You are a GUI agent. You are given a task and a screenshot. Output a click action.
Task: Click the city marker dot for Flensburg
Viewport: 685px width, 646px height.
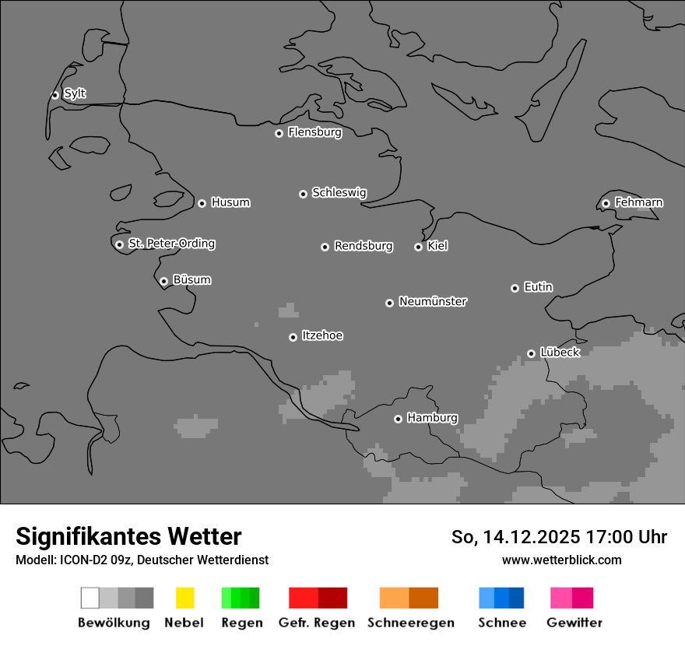tap(279, 133)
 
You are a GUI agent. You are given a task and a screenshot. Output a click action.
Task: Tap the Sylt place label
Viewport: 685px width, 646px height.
tap(75, 93)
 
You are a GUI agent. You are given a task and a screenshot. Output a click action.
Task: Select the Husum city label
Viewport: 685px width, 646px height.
tap(230, 202)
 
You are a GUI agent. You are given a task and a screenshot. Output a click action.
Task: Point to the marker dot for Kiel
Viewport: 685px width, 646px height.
tap(418, 247)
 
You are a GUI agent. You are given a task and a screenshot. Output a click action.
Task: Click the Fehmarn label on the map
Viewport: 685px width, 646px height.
tap(638, 202)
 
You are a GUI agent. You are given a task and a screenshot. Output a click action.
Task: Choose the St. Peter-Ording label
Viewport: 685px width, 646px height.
tap(171, 244)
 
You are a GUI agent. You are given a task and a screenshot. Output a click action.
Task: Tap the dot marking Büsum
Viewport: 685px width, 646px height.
tap(163, 281)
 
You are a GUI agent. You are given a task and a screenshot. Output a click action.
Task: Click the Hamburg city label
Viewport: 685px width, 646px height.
tap(432, 418)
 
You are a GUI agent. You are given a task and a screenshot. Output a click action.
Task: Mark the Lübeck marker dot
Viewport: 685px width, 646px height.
tap(531, 353)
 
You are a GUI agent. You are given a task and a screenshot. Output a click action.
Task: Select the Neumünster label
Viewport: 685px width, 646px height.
tap(433, 301)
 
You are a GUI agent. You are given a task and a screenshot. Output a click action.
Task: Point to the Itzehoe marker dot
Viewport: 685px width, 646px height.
tap(293, 337)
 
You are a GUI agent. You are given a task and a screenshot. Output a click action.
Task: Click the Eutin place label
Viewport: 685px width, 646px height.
tap(538, 287)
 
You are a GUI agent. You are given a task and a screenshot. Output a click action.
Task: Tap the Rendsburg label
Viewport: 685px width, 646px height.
tap(364, 246)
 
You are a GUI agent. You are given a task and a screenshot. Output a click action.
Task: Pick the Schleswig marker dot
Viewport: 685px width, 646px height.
tap(303, 194)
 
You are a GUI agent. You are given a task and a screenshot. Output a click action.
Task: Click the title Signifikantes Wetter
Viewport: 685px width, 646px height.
tap(128, 536)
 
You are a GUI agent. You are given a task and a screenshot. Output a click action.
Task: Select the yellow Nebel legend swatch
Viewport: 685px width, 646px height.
tap(184, 598)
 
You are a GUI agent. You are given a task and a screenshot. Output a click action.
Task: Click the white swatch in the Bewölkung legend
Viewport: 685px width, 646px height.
tap(90, 598)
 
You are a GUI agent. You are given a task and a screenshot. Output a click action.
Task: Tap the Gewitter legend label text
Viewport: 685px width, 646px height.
tap(574, 623)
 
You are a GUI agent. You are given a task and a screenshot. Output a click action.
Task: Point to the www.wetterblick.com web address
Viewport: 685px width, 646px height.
tap(561, 560)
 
